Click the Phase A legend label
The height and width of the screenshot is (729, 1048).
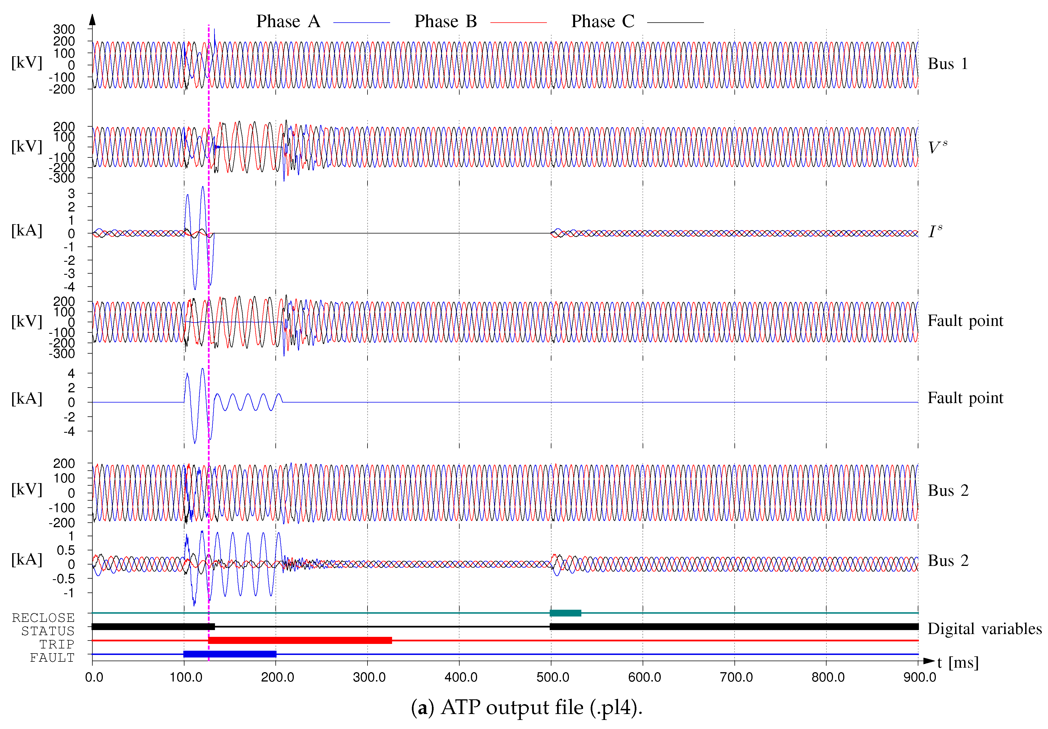click(x=288, y=21)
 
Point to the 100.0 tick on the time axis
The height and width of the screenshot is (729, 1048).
click(x=186, y=677)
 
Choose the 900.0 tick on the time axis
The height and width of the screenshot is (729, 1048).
click(x=919, y=677)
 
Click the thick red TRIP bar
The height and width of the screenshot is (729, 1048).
click(x=300, y=641)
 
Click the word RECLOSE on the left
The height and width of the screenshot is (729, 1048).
click(x=44, y=618)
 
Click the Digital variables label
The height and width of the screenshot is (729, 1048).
click(x=984, y=629)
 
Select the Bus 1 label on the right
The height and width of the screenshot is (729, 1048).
click(x=948, y=64)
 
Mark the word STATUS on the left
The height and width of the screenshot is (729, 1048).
click(x=48, y=631)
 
